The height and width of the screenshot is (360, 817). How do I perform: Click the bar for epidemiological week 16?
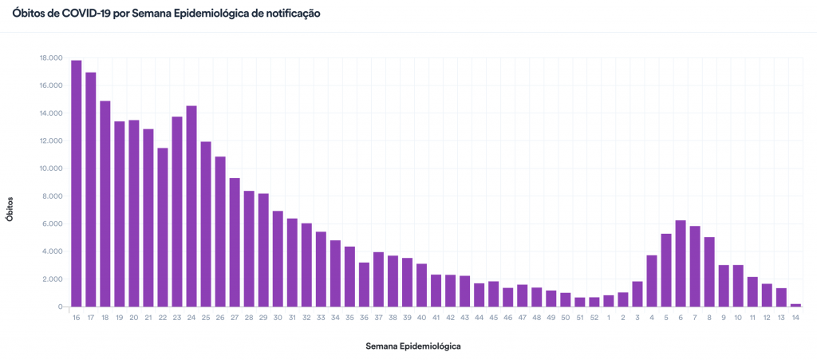(x=77, y=184)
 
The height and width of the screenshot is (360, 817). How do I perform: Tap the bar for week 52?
(x=594, y=302)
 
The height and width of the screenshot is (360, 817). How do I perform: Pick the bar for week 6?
(x=681, y=263)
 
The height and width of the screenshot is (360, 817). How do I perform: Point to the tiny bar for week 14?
(x=795, y=305)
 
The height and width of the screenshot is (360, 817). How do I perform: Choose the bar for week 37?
(x=378, y=279)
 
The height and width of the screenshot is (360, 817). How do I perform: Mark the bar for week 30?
(x=278, y=259)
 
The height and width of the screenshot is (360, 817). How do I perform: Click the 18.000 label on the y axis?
(x=50, y=58)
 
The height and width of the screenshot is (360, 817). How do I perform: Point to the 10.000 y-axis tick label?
(x=50, y=168)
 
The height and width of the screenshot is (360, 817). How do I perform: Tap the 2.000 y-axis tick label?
(x=52, y=279)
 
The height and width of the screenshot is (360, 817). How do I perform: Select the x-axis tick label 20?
(x=134, y=318)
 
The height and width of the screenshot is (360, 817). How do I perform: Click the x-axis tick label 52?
(x=594, y=318)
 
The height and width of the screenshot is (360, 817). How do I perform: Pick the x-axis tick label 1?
(x=609, y=318)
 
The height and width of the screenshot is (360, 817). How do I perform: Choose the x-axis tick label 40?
(x=421, y=318)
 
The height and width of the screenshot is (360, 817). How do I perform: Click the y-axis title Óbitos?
(x=10, y=205)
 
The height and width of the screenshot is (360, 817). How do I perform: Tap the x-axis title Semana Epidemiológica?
(x=413, y=346)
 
